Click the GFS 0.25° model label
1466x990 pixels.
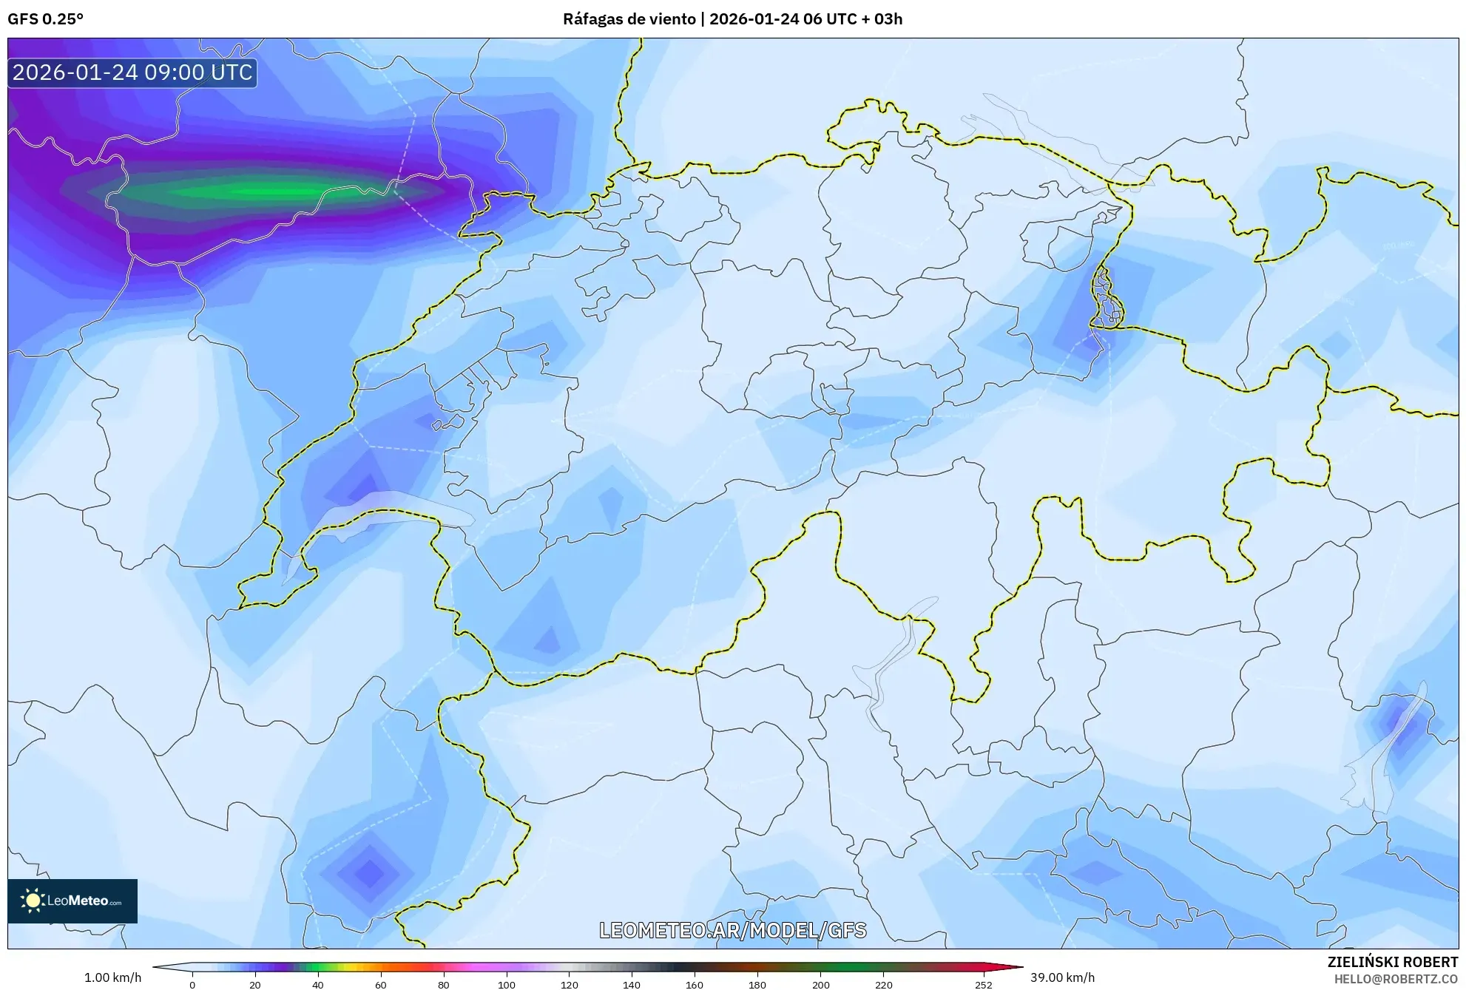(45, 19)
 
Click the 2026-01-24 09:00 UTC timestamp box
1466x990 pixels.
(132, 72)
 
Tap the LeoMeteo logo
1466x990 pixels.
(72, 901)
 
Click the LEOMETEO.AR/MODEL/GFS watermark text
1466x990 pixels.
(732, 930)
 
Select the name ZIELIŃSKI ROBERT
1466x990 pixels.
(1392, 962)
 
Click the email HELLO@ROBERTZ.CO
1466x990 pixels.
(1395, 979)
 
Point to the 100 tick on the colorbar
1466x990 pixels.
(507, 985)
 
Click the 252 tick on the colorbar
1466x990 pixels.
(983, 985)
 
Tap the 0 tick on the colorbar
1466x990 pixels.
(192, 985)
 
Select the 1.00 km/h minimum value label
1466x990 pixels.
(112, 977)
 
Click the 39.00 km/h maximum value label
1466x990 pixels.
(1062, 977)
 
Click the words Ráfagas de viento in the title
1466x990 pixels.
(629, 19)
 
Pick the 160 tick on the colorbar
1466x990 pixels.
(695, 985)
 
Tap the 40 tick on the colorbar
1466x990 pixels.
(318, 985)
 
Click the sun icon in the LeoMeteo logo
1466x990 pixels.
(33, 901)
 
